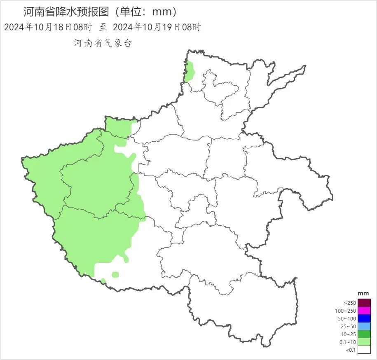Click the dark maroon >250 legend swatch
pyautogui.click(x=364, y=303)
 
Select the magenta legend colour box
pyautogui.click(x=364, y=311)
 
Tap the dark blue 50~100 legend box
pyautogui.click(x=364, y=318)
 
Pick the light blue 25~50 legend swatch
pyautogui.click(x=364, y=326)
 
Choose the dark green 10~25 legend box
pyautogui.click(x=364, y=334)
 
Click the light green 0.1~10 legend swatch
pyautogui.click(x=364, y=342)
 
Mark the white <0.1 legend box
pyautogui.click(x=364, y=350)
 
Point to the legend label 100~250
pyautogui.click(x=345, y=311)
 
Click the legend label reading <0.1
pyautogui.click(x=349, y=350)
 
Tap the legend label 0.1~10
pyautogui.click(x=347, y=342)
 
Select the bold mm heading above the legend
pyautogui.click(x=363, y=293)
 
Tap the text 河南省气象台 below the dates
pyautogui.click(x=103, y=43)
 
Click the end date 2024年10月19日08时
pyautogui.click(x=157, y=27)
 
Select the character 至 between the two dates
pyautogui.click(x=103, y=27)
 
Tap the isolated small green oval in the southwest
pyautogui.click(x=115, y=275)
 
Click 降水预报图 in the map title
pyautogui.click(x=84, y=12)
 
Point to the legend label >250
pyautogui.click(x=349, y=303)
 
